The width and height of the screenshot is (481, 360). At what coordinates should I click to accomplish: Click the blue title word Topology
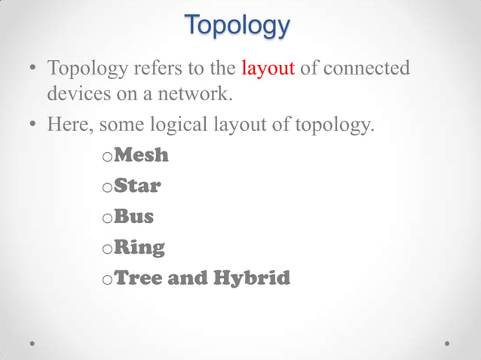pyautogui.click(x=237, y=26)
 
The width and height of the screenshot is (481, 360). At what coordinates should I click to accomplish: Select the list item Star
pyautogui.click(x=137, y=186)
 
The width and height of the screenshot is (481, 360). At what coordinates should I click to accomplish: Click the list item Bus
pyautogui.click(x=133, y=217)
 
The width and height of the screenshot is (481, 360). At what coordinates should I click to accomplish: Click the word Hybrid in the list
pyautogui.click(x=252, y=278)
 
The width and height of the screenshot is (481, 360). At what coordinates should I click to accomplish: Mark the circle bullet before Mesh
pyautogui.click(x=106, y=158)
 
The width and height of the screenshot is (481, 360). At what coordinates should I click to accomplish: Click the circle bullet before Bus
pyautogui.click(x=106, y=219)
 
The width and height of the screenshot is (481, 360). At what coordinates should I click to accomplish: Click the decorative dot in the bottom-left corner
pyautogui.click(x=33, y=342)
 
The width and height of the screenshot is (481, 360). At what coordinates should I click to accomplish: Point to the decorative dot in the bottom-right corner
pyautogui.click(x=447, y=342)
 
